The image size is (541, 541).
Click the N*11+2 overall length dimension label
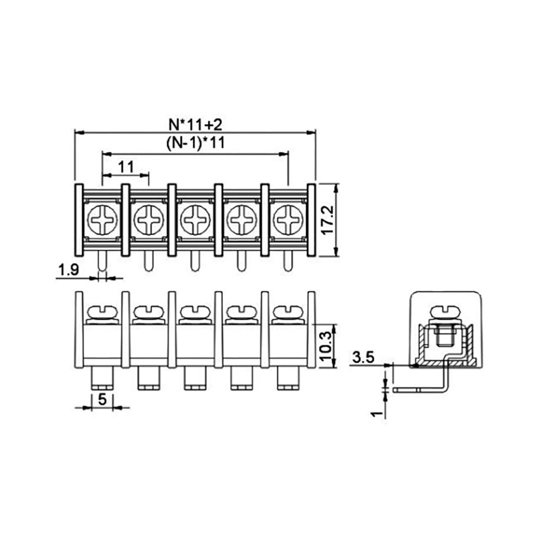pos(195,124)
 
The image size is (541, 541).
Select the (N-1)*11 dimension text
pos(195,142)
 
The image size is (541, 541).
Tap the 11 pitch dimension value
pos(126,167)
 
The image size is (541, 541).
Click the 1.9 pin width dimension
pos(69,269)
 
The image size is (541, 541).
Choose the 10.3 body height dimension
pos(326,346)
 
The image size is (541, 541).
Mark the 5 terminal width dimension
pos(102,399)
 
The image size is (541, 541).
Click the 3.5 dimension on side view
pos(364,357)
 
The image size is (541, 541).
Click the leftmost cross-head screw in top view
pos(102,220)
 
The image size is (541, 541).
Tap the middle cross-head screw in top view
pos(195,220)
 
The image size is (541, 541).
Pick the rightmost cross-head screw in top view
pos(288,220)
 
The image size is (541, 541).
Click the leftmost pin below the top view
pos(102,261)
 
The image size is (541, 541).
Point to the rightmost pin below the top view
pos(288,261)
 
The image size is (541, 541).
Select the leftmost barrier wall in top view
pos(79,220)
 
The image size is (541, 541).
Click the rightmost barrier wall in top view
pos(311,220)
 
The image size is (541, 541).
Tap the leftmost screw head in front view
pos(102,312)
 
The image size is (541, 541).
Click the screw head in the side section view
pos(446,312)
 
